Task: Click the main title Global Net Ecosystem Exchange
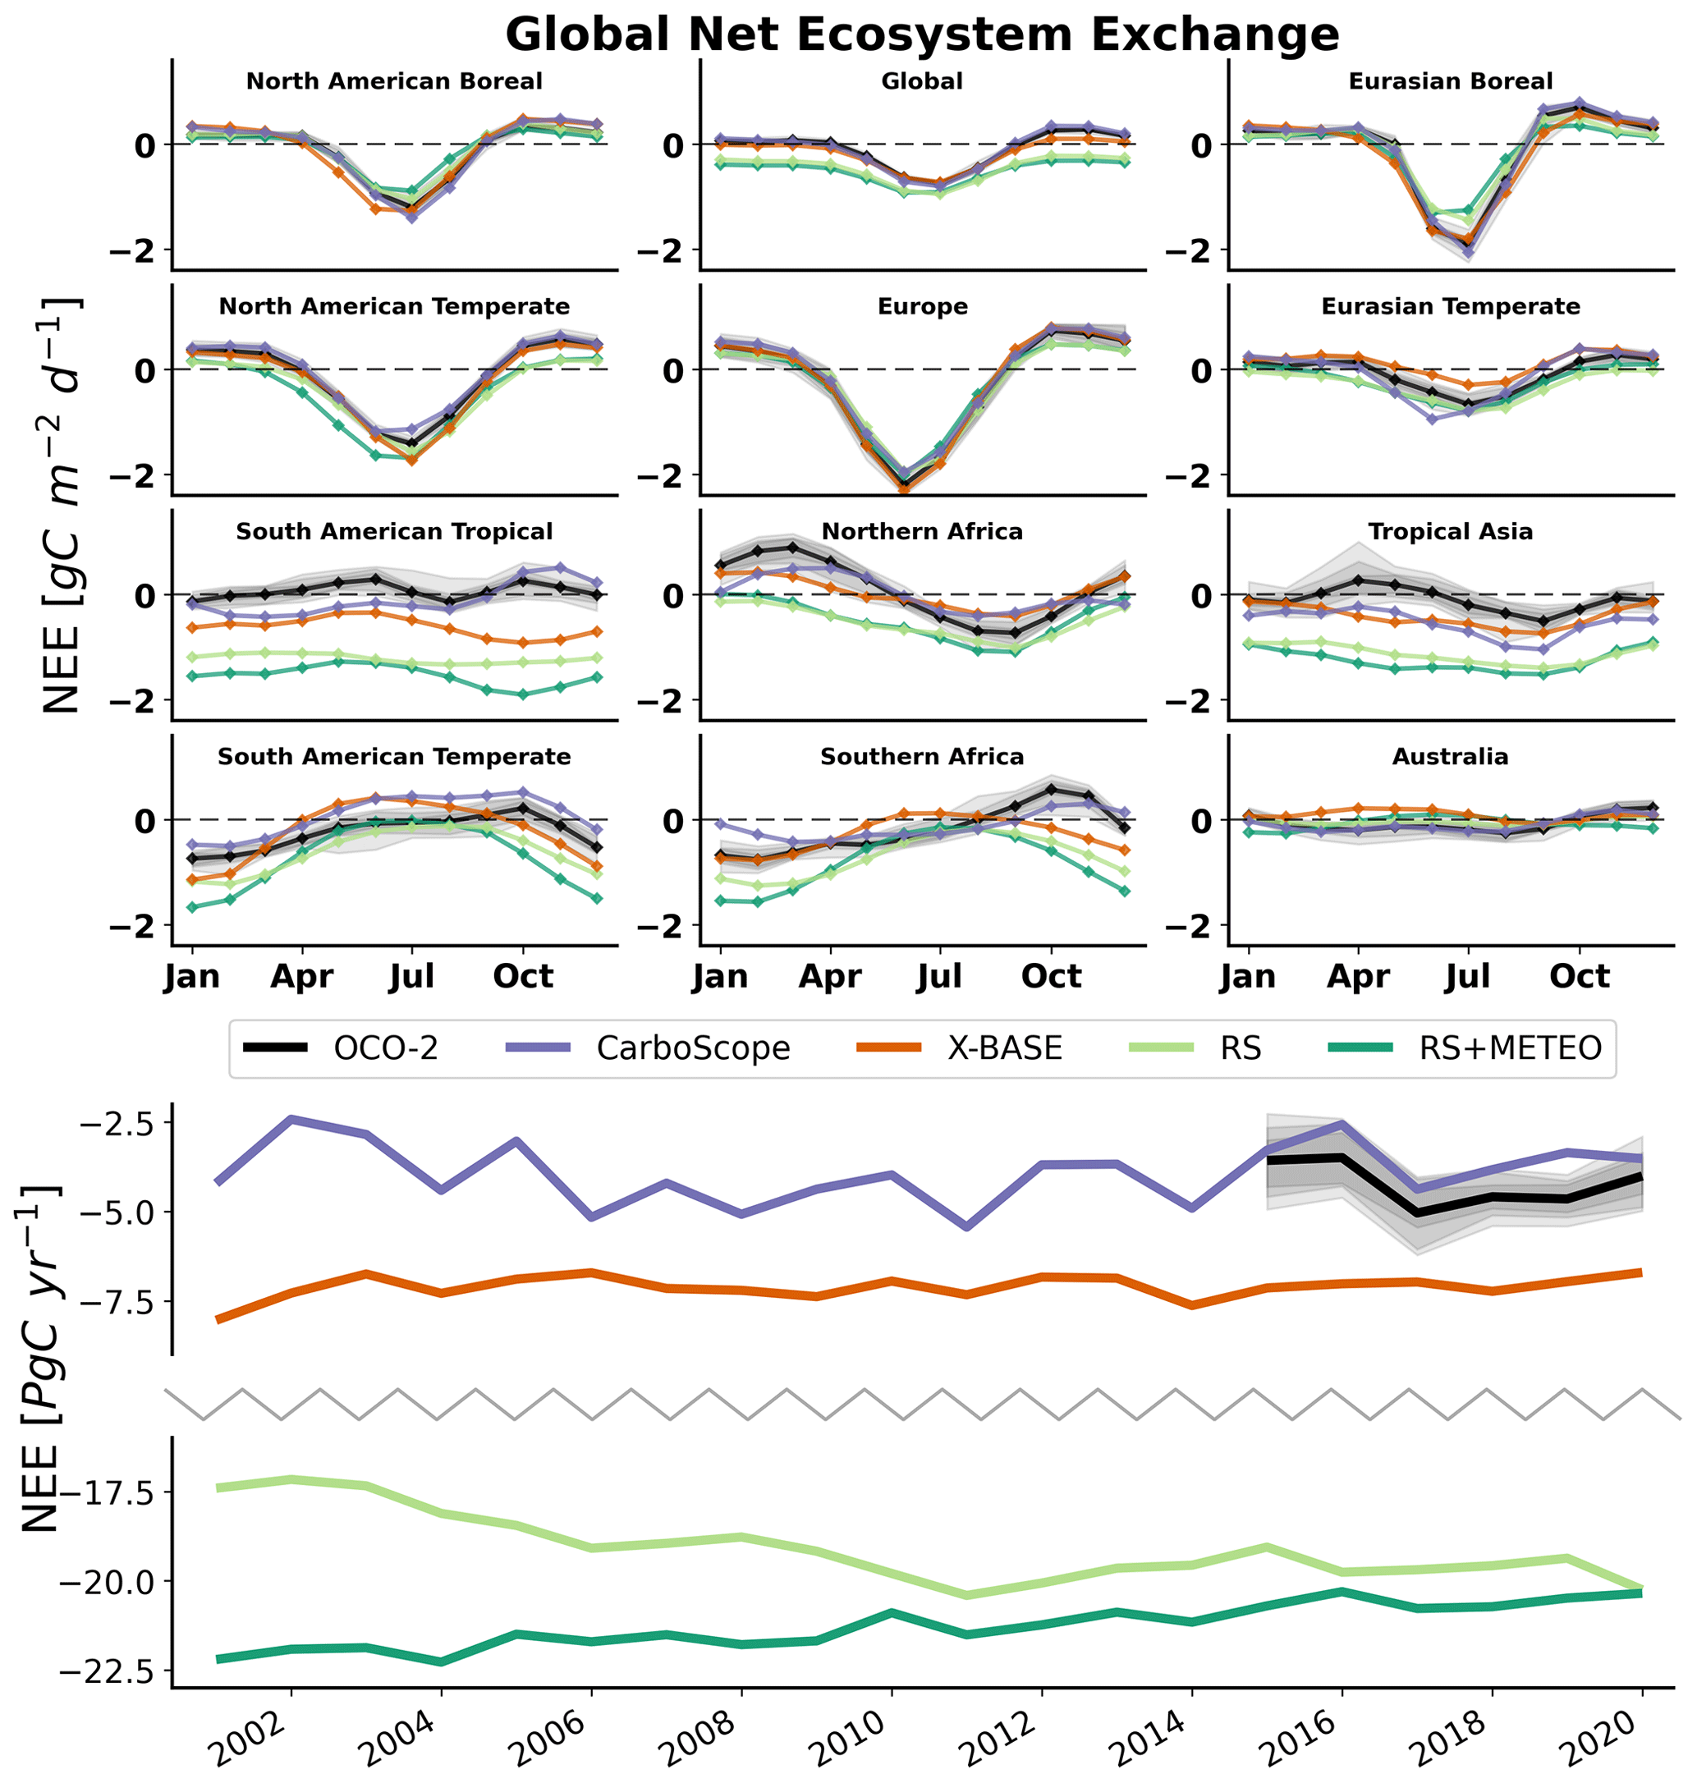(x=922, y=35)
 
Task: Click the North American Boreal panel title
(x=394, y=81)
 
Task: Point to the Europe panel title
(x=923, y=307)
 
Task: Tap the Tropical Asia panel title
(x=1450, y=532)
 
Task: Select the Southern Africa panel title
(x=922, y=757)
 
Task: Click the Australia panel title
(x=1450, y=757)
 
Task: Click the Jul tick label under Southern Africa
(x=940, y=977)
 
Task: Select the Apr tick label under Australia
(x=1358, y=977)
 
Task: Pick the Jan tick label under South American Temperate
(x=192, y=977)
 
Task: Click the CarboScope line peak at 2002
(x=291, y=1119)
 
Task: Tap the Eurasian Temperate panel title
(x=1450, y=307)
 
